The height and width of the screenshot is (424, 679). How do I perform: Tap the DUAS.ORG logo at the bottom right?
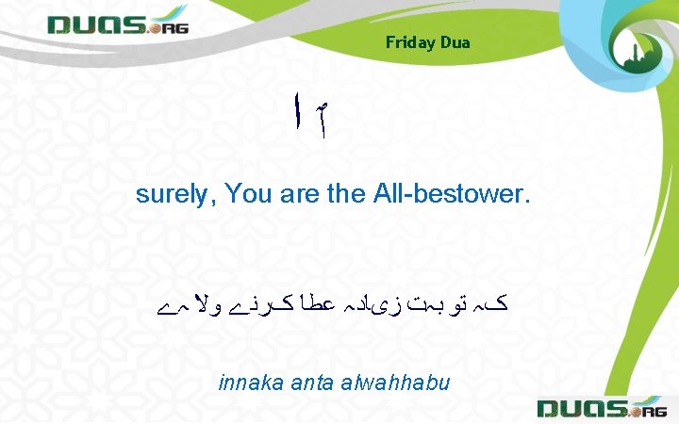point(600,407)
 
